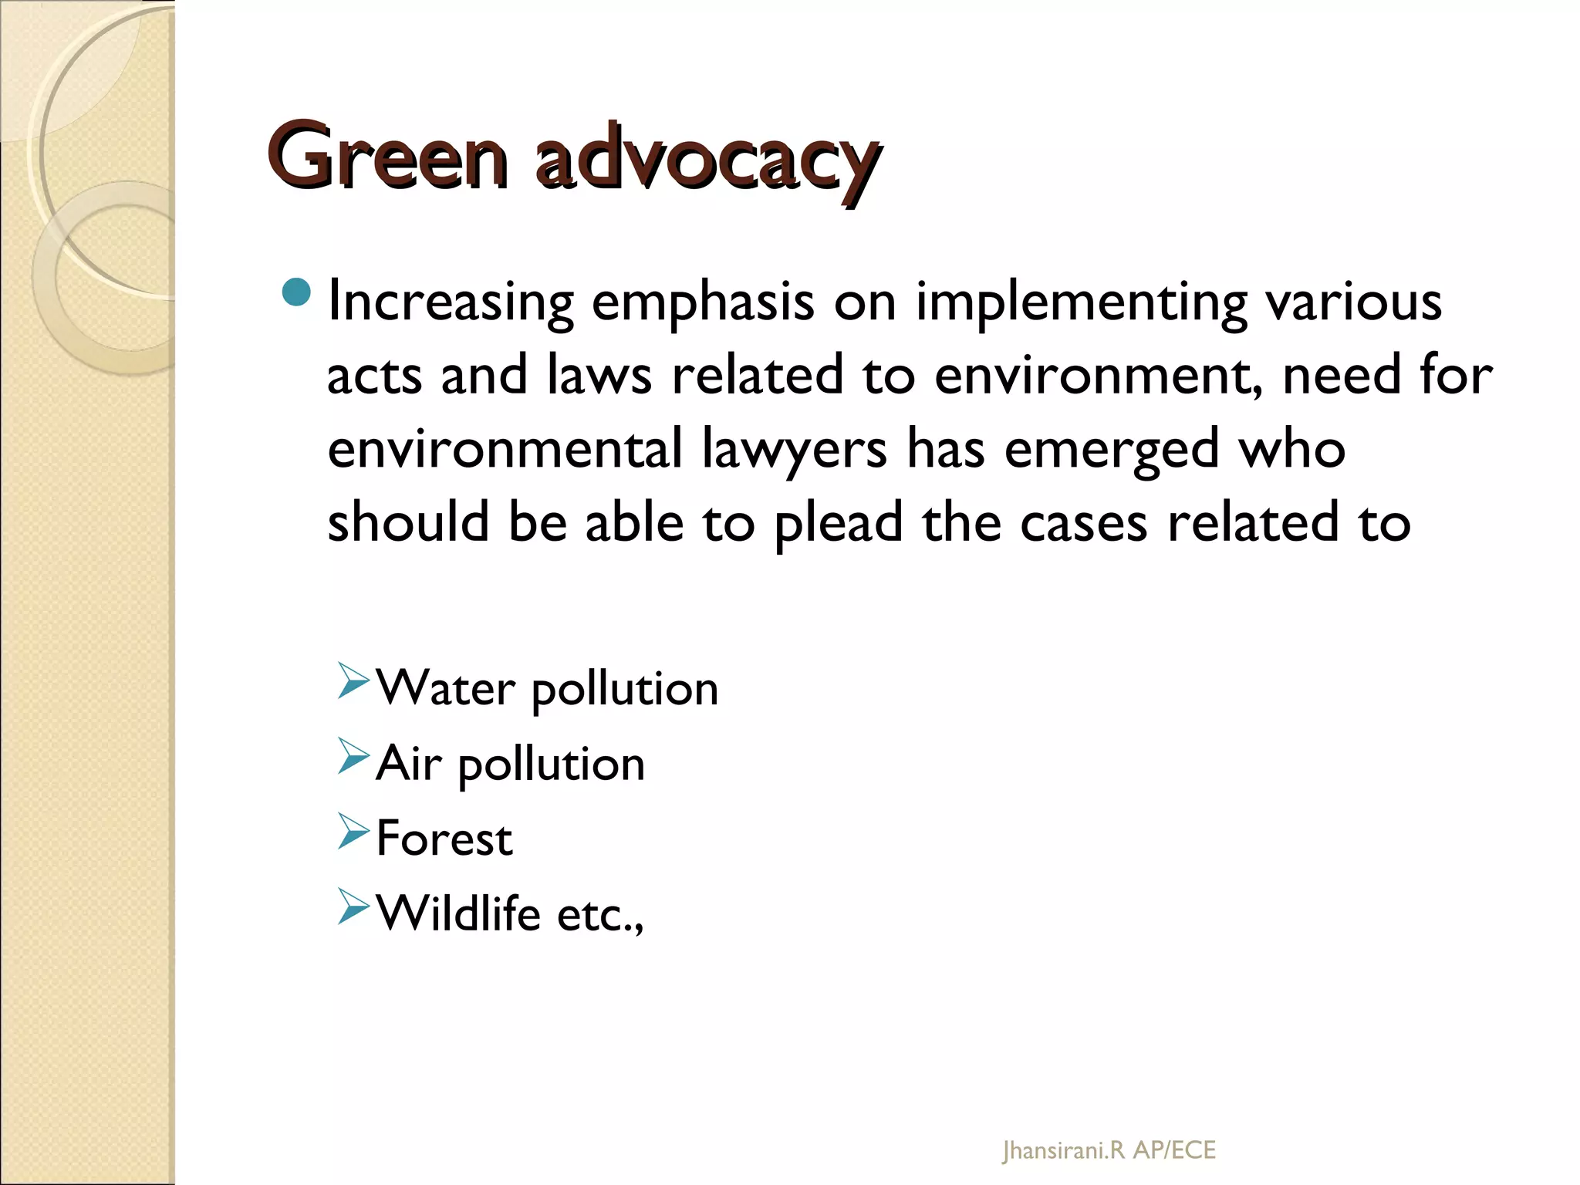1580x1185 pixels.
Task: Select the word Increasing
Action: pos(451,302)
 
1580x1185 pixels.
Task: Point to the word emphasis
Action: pos(703,302)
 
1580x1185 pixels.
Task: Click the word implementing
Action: pos(1081,302)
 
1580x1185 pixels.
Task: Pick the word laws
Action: pos(599,376)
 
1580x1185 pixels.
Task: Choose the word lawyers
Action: pos(794,451)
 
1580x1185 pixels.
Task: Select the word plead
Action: pos(838,524)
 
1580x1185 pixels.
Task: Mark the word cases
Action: pos(1084,524)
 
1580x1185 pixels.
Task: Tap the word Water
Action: pos(445,688)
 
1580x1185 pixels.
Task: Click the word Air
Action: pos(408,764)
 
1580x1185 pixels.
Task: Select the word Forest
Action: pos(444,839)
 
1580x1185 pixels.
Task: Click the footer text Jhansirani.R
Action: pos(1063,1151)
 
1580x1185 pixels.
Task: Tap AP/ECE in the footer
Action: pos(1174,1151)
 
